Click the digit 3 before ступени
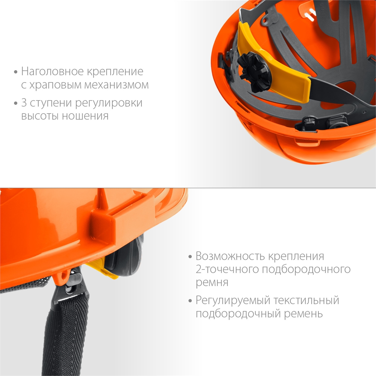tap(25, 103)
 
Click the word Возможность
tap(229, 256)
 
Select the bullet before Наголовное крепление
tap(15, 72)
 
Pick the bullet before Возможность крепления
tap(190, 257)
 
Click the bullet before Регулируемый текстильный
tap(190, 301)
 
